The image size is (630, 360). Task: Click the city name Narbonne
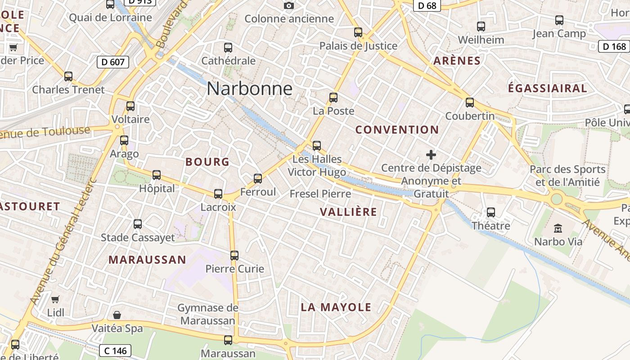250,89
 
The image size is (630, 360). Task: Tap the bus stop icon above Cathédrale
228,47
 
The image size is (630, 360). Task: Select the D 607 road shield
113,62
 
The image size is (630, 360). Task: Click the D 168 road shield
614,46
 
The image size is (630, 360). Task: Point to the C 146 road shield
115,350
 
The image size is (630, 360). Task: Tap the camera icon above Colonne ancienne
289,5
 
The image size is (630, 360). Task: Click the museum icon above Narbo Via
558,228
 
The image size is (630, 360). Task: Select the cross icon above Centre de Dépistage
431,155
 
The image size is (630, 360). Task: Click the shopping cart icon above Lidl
55,299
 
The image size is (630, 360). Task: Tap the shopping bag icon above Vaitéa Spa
117,315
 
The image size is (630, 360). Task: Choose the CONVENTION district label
397,130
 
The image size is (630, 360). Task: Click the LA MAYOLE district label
336,307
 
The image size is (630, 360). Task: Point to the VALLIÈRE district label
348,212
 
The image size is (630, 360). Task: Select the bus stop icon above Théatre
491,212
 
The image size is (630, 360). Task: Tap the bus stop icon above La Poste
333,97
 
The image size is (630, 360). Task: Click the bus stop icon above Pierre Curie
234,255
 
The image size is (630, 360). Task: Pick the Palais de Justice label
358,46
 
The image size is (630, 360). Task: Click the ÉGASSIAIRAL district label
547,88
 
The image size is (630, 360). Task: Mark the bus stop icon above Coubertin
470,102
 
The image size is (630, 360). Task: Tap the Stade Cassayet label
138,238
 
